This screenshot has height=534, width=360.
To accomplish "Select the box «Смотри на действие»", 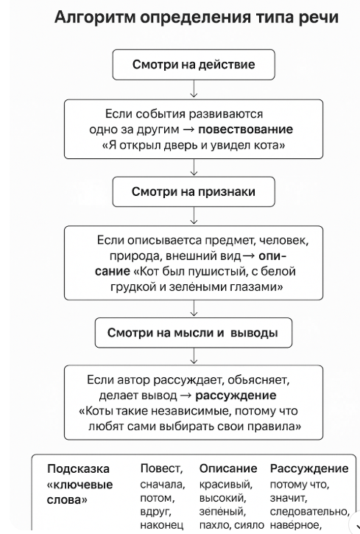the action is (x=194, y=65).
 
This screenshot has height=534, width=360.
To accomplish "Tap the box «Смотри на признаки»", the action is (x=194, y=192).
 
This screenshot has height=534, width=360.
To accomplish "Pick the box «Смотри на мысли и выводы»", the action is (x=194, y=333).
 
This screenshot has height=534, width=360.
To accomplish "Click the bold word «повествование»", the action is (x=245, y=130).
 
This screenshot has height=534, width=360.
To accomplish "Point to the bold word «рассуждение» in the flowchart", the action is (x=236, y=396).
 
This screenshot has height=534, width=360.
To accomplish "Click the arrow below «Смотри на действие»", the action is (x=194, y=89).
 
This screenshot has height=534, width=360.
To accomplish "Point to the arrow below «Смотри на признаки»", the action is (x=194, y=216).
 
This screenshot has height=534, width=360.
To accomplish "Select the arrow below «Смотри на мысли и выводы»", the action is (x=194, y=356).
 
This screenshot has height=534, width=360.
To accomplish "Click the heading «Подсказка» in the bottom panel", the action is (x=78, y=469).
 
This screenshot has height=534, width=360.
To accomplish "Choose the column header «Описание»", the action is (x=228, y=468).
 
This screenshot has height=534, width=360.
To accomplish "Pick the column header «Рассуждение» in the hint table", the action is (x=309, y=469).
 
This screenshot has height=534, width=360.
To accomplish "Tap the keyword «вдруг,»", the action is (x=156, y=511).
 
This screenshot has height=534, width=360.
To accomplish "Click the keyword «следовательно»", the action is (x=310, y=511).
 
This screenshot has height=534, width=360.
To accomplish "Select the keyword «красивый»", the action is (x=225, y=484).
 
